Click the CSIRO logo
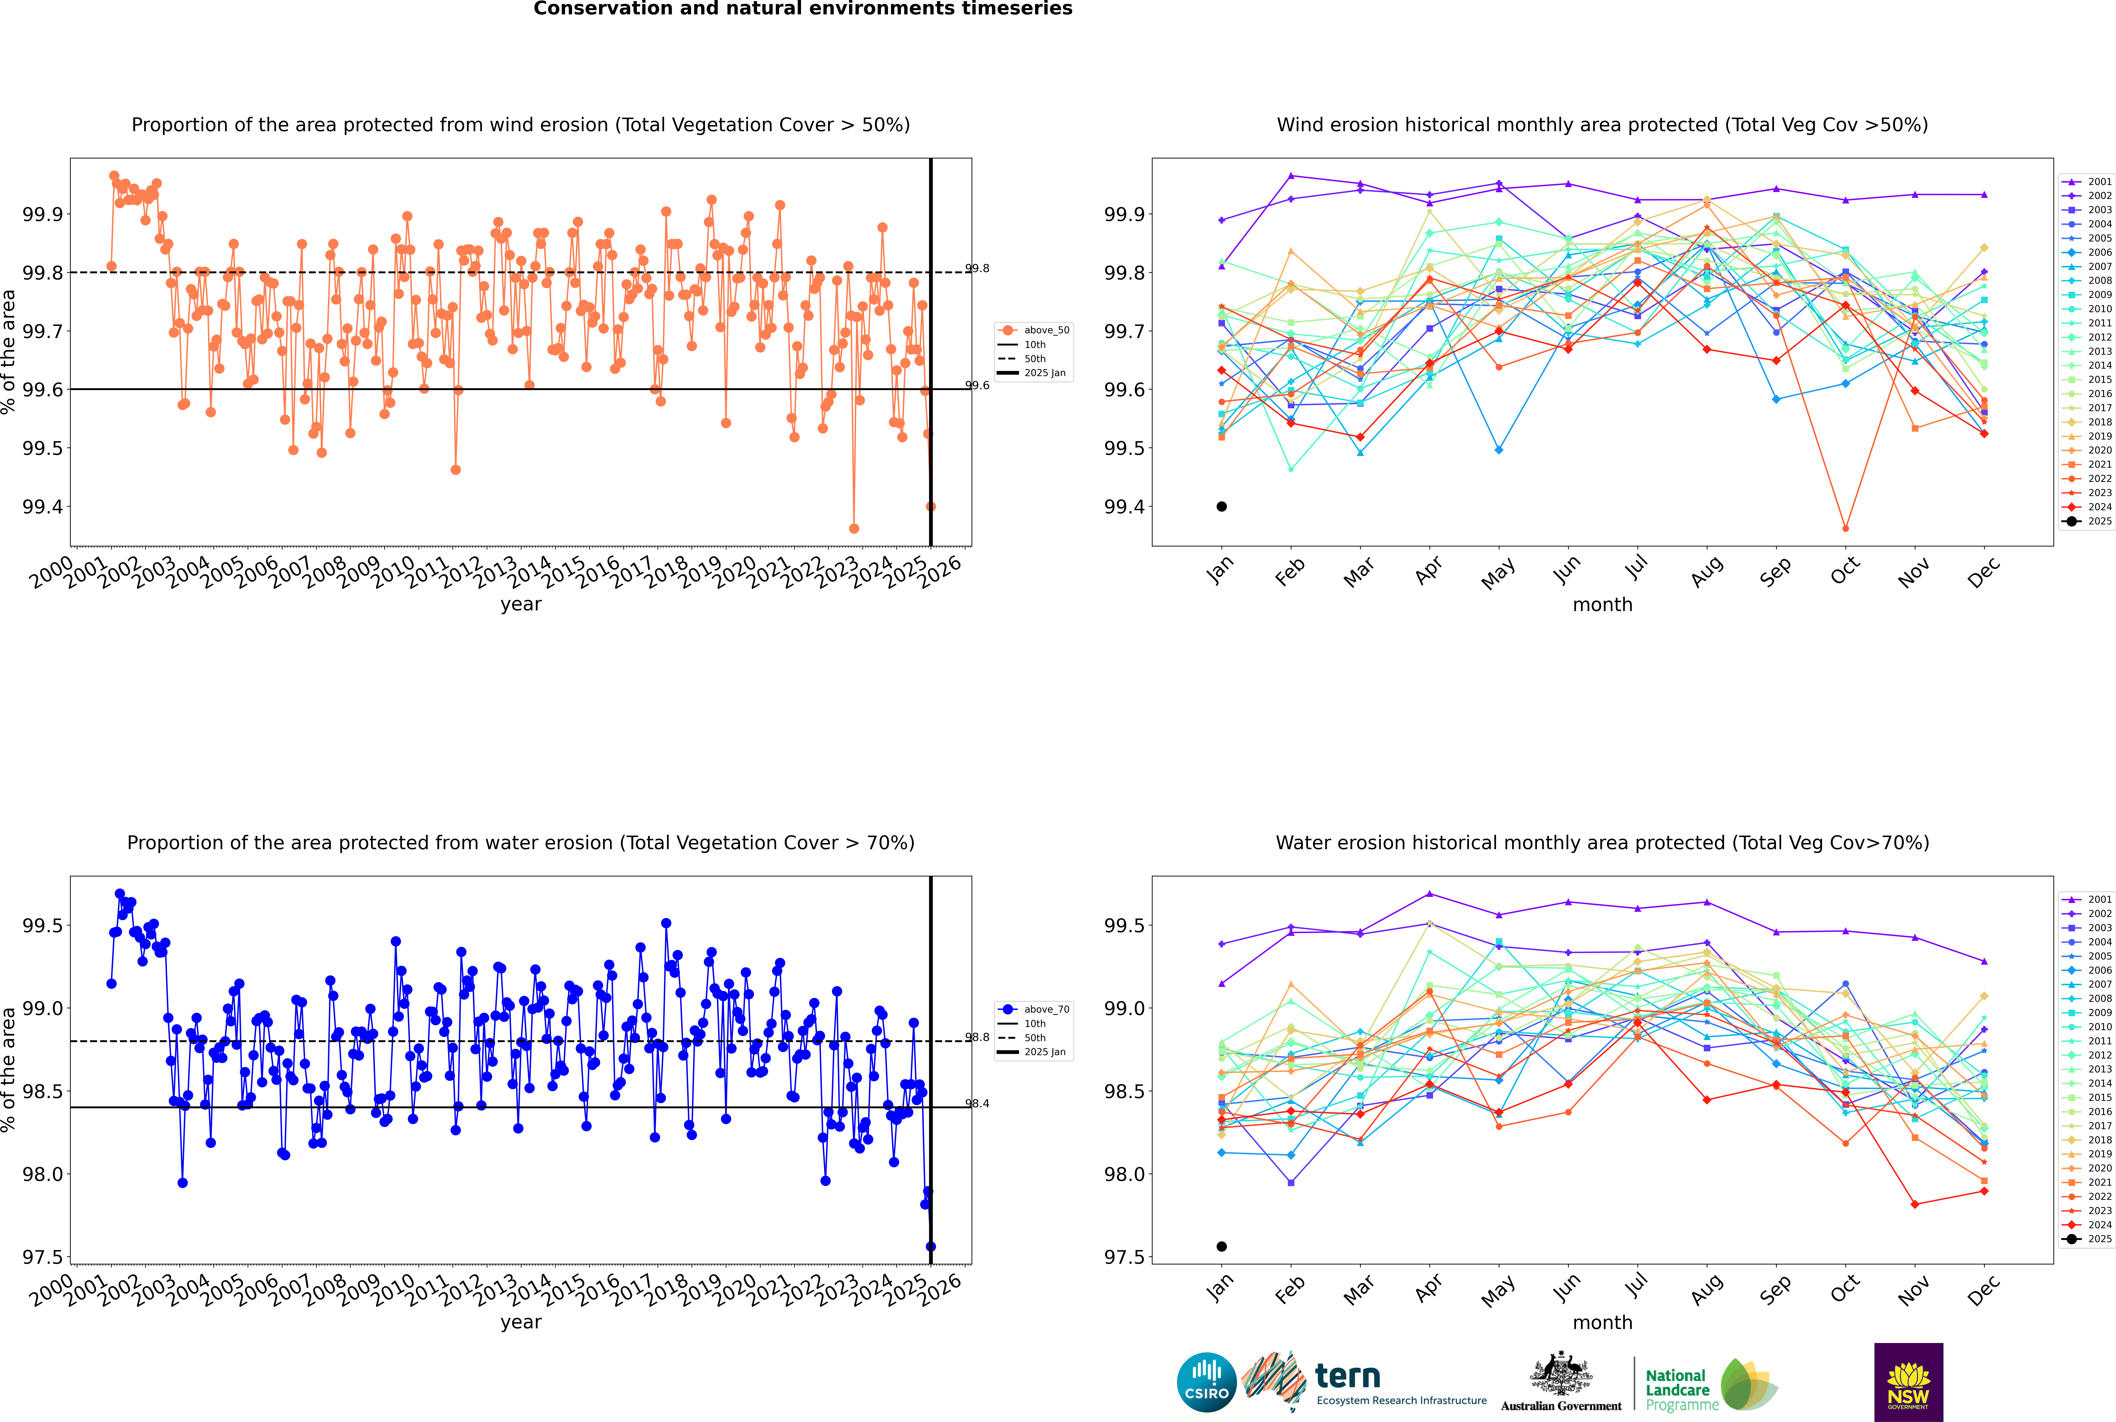[1206, 1382]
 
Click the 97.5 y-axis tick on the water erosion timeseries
[43, 1257]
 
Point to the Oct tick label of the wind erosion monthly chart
[1845, 571]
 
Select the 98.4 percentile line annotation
[977, 1104]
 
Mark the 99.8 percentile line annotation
[977, 269]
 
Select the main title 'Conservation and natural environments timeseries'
[803, 9]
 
